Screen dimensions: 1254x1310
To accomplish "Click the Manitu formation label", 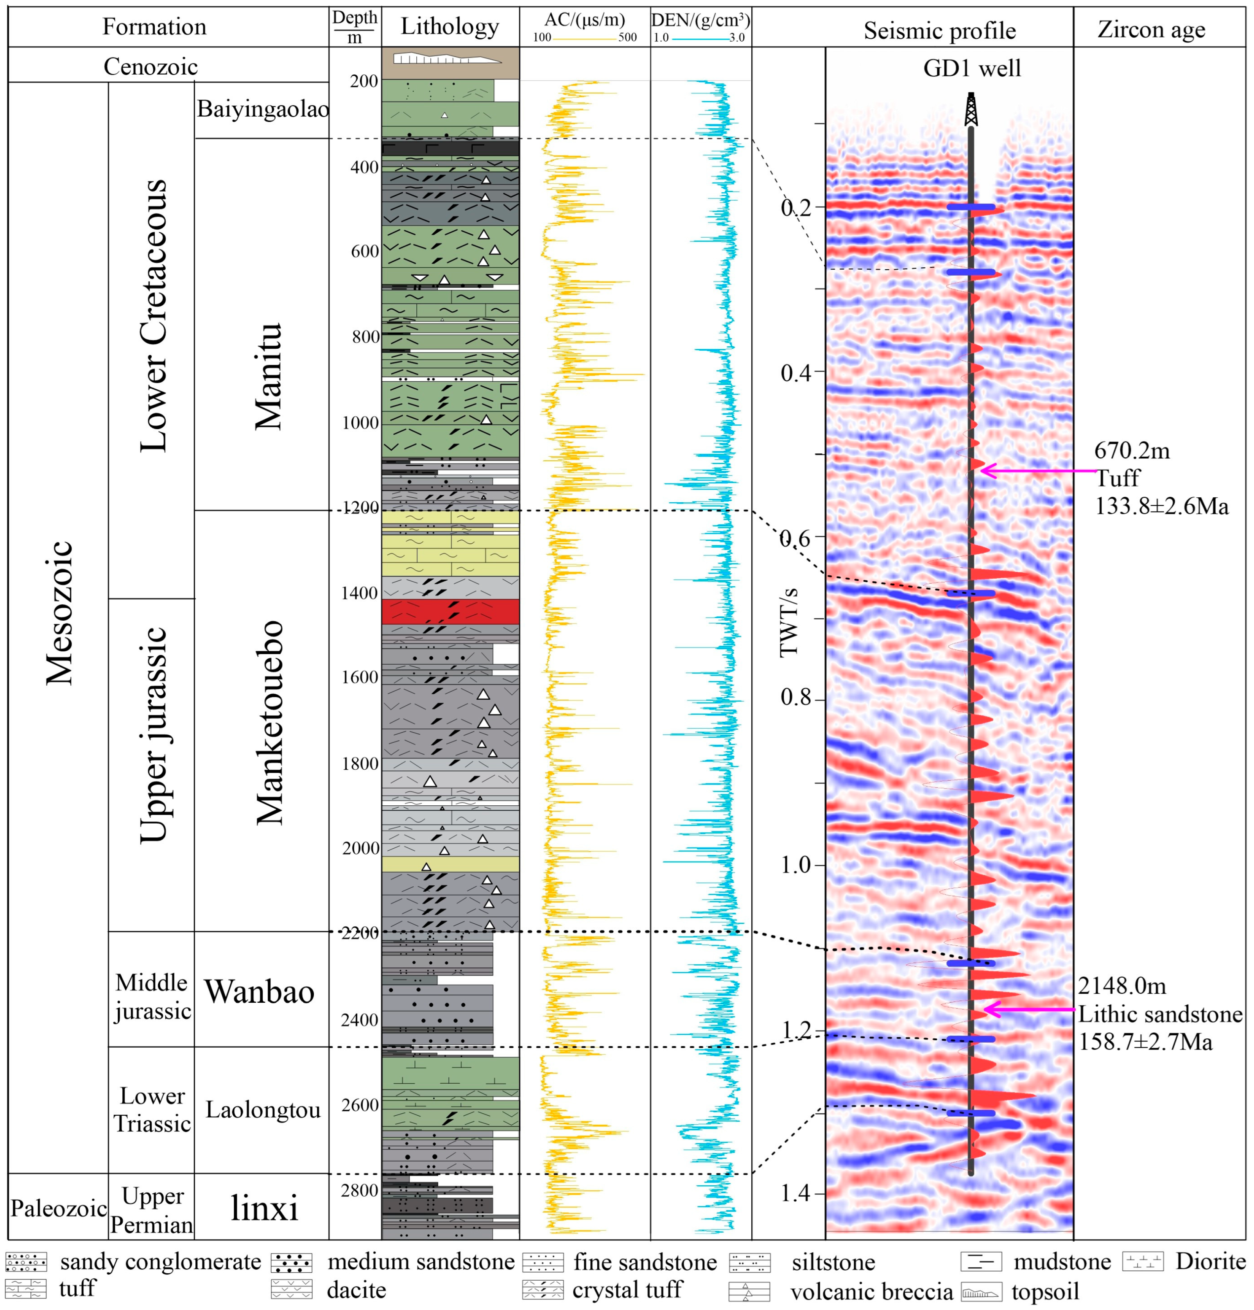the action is point(269,376).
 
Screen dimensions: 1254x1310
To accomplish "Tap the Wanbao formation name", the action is point(259,991).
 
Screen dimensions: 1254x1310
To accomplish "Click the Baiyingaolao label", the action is point(263,109).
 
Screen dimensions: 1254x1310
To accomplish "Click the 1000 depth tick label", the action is point(361,423).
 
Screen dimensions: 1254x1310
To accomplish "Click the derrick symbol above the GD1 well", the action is point(971,109).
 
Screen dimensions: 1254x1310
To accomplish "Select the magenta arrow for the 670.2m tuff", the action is point(1037,471).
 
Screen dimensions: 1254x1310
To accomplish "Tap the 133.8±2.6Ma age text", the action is point(1161,506).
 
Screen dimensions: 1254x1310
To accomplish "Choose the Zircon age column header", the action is point(1152,29).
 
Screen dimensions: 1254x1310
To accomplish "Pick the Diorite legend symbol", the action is point(1142,1261).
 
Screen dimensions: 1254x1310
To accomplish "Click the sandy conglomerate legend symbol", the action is point(26,1262).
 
